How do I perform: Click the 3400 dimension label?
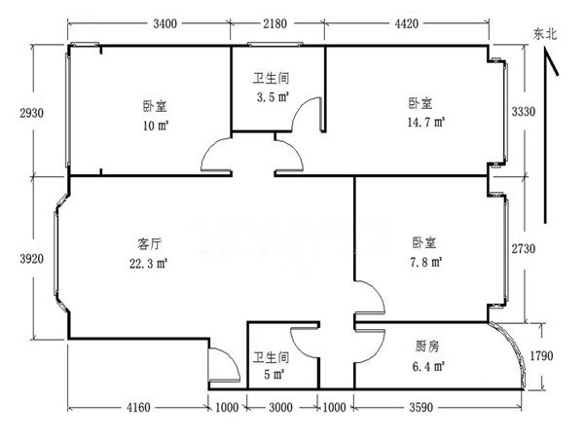(165, 23)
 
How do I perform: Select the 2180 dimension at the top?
(274, 23)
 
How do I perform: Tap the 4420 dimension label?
(406, 23)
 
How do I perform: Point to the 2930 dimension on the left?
(32, 113)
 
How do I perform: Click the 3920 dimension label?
(32, 259)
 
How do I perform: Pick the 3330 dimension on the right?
(524, 111)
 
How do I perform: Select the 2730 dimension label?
(524, 248)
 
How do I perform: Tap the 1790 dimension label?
(541, 355)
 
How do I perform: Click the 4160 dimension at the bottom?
(138, 408)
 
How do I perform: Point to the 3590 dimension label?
(421, 408)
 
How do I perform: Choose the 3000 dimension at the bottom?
(280, 408)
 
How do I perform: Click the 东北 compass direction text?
(545, 34)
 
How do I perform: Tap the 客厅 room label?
(149, 244)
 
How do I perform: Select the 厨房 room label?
(427, 347)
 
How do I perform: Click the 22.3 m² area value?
(148, 264)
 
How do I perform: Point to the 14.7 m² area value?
(426, 123)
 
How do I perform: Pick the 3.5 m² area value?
(273, 97)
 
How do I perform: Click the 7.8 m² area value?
(426, 262)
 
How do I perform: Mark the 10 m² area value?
(156, 126)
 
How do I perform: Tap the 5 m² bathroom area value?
(274, 374)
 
